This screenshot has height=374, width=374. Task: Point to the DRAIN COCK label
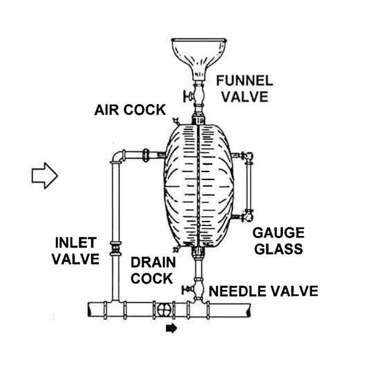pyautogui.click(x=152, y=270)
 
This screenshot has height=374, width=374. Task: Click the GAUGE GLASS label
pyautogui.click(x=278, y=241)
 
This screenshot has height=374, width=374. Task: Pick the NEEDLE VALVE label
pyautogui.click(x=263, y=291)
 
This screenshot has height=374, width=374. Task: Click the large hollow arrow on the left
pyautogui.click(x=44, y=174)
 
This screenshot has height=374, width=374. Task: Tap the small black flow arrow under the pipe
pyautogui.click(x=171, y=329)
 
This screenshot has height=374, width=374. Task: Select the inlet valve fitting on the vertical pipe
pyautogui.click(x=116, y=249)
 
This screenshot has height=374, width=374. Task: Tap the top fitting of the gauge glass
pyautogui.click(x=247, y=155)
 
